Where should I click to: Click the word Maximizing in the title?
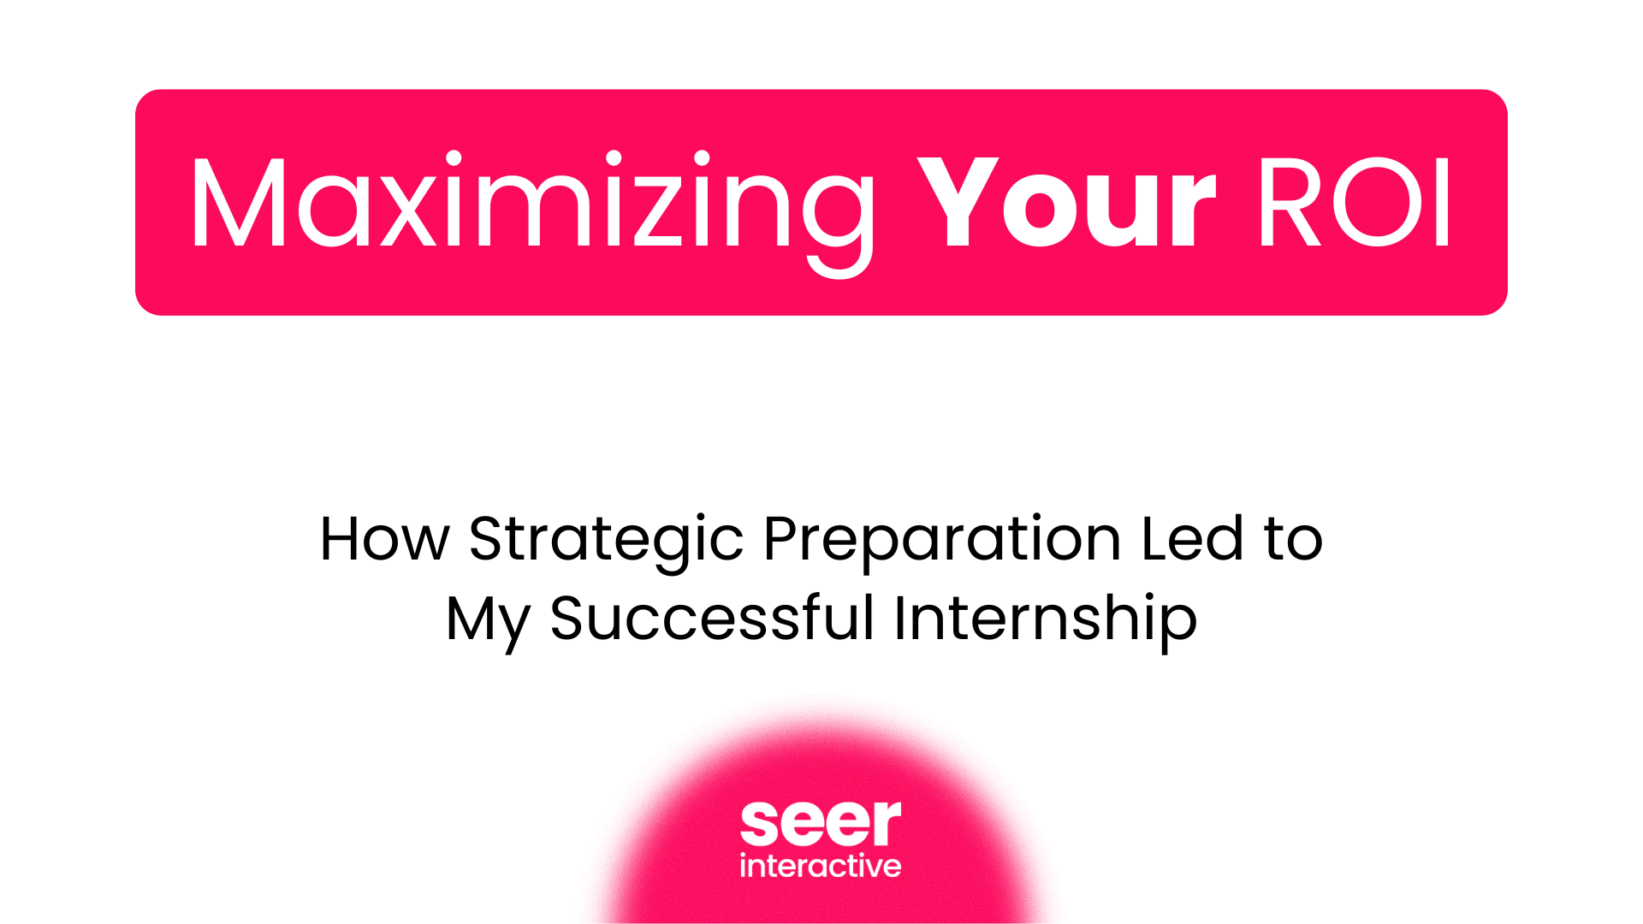click(531, 205)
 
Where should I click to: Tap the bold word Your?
click(1065, 205)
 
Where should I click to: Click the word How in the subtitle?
click(384, 540)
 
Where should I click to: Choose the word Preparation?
click(942, 540)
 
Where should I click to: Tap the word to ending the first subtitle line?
click(1293, 540)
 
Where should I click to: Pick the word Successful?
click(712, 618)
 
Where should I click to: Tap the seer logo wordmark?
click(821, 823)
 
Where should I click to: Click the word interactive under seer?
click(821, 866)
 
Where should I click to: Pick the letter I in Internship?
click(899, 618)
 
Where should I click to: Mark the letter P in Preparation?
click(782, 540)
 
